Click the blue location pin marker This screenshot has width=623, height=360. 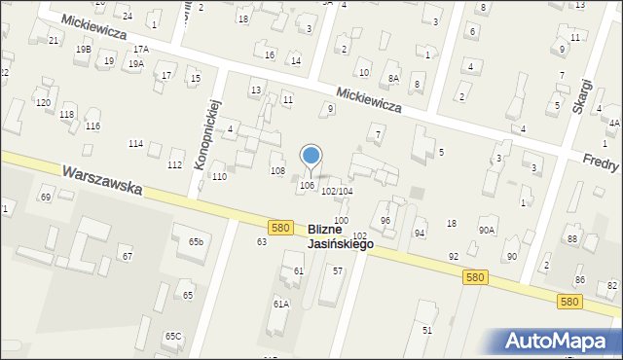(x=311, y=156)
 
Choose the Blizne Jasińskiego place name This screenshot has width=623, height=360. (x=340, y=236)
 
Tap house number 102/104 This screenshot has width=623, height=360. (x=337, y=192)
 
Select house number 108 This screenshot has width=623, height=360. (x=277, y=171)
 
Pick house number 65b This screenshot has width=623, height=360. (x=197, y=241)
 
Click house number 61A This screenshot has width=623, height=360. (x=281, y=304)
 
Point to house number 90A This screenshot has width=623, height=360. (x=486, y=230)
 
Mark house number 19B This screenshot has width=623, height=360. (x=84, y=49)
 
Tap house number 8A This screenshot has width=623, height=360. (x=393, y=78)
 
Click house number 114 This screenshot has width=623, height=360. (x=135, y=144)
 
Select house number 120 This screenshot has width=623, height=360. (x=43, y=102)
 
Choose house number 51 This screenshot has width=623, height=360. (x=426, y=331)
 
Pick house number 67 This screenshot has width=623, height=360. (x=127, y=256)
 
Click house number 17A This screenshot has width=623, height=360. (x=141, y=49)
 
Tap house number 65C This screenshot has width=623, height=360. (x=172, y=336)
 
